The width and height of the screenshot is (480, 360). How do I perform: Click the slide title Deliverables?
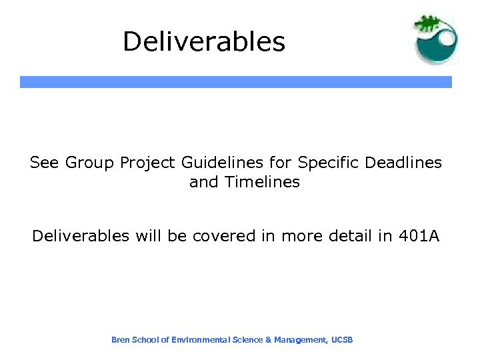tap(203, 42)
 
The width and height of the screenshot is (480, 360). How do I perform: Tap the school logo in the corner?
tap(436, 39)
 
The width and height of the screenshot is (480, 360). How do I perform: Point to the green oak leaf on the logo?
tap(429, 24)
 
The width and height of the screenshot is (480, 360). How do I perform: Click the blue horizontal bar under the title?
tap(235, 82)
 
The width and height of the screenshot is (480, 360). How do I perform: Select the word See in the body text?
tap(44, 163)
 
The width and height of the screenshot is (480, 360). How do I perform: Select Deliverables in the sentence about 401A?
tap(78, 236)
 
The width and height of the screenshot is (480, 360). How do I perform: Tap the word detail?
tap(351, 236)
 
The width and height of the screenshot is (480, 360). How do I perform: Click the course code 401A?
tap(418, 236)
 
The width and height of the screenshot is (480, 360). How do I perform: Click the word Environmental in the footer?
tap(199, 340)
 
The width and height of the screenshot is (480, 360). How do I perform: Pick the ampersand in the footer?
tap(268, 340)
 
